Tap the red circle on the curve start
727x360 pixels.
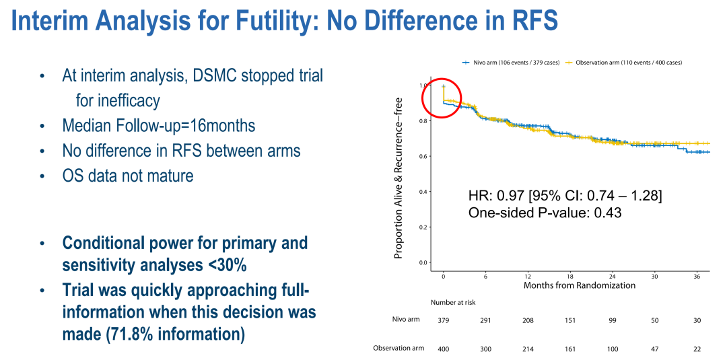[441, 98]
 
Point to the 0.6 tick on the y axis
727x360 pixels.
[423, 156]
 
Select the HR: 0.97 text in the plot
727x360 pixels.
[496, 196]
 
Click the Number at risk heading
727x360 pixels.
[454, 303]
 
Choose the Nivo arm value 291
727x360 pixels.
[486, 320]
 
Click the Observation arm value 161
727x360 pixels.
[571, 348]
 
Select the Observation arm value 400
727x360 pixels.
[444, 348]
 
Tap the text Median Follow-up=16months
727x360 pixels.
[159, 126]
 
